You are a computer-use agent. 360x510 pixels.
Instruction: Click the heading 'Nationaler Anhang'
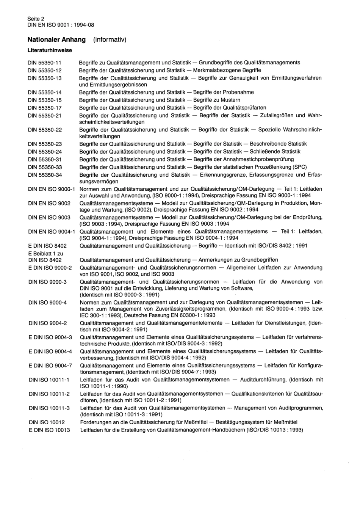coord(56,39)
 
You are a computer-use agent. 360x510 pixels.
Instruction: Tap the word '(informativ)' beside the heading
coord(109,39)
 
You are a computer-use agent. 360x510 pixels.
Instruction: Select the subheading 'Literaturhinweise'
coord(50,50)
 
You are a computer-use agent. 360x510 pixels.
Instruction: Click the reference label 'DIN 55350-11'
coord(44,63)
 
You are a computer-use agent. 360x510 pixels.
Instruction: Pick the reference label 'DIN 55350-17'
coord(45,108)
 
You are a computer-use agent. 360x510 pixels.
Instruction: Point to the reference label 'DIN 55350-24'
coord(45,152)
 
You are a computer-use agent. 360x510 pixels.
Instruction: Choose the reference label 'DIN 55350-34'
coord(45,175)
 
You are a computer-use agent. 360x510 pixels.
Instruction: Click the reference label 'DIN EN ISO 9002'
coord(49,203)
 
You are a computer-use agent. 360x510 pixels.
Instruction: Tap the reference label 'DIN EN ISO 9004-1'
coord(52,231)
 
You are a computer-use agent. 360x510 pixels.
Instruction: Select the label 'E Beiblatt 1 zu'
coord(45,253)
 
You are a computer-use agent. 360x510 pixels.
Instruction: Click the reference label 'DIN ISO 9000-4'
coord(48,302)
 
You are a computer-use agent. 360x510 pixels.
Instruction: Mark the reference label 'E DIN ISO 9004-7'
coord(50,366)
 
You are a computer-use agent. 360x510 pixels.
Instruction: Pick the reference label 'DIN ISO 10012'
coord(47,422)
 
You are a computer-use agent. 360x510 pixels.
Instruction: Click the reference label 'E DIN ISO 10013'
coord(49,430)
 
